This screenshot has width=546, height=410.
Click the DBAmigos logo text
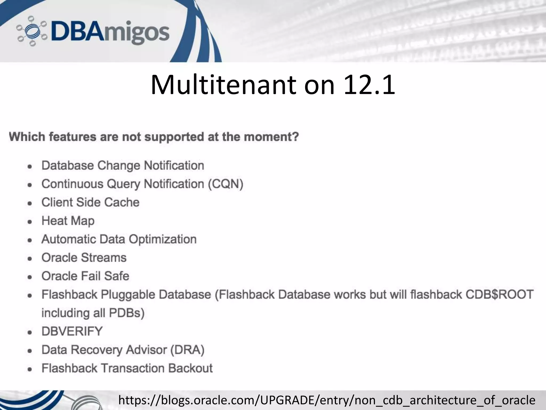(x=109, y=32)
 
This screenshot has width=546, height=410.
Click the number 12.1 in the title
(x=369, y=85)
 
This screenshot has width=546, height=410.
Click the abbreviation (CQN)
(x=226, y=184)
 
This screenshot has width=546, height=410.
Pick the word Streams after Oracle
(x=104, y=258)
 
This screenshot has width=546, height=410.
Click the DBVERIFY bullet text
(x=72, y=332)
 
